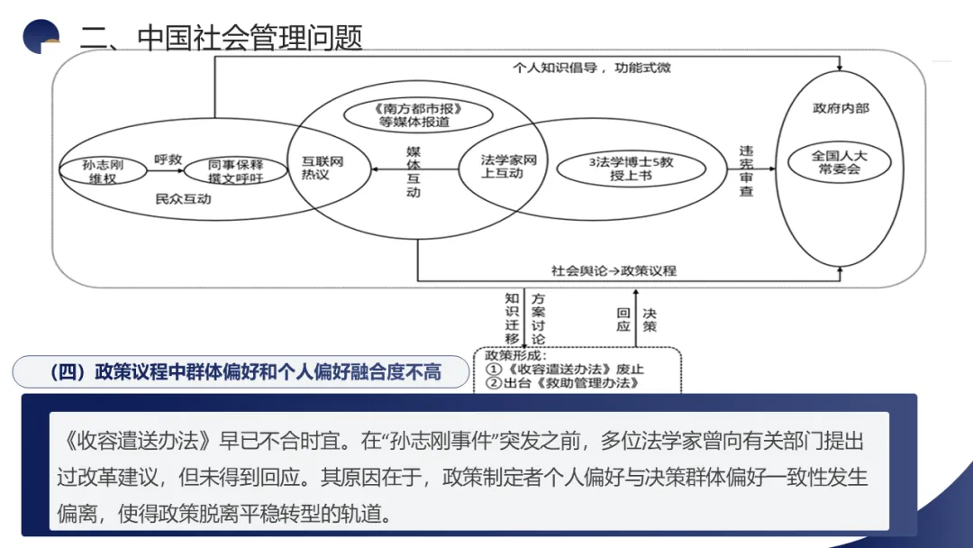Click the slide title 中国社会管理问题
click(x=250, y=38)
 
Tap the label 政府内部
click(x=840, y=108)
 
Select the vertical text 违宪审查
click(x=746, y=170)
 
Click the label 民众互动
click(x=183, y=197)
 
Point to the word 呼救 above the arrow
click(x=168, y=159)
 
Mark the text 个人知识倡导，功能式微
click(x=591, y=67)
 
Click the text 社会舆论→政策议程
click(x=614, y=269)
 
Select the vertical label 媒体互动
click(x=414, y=171)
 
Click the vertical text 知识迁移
click(x=512, y=317)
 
